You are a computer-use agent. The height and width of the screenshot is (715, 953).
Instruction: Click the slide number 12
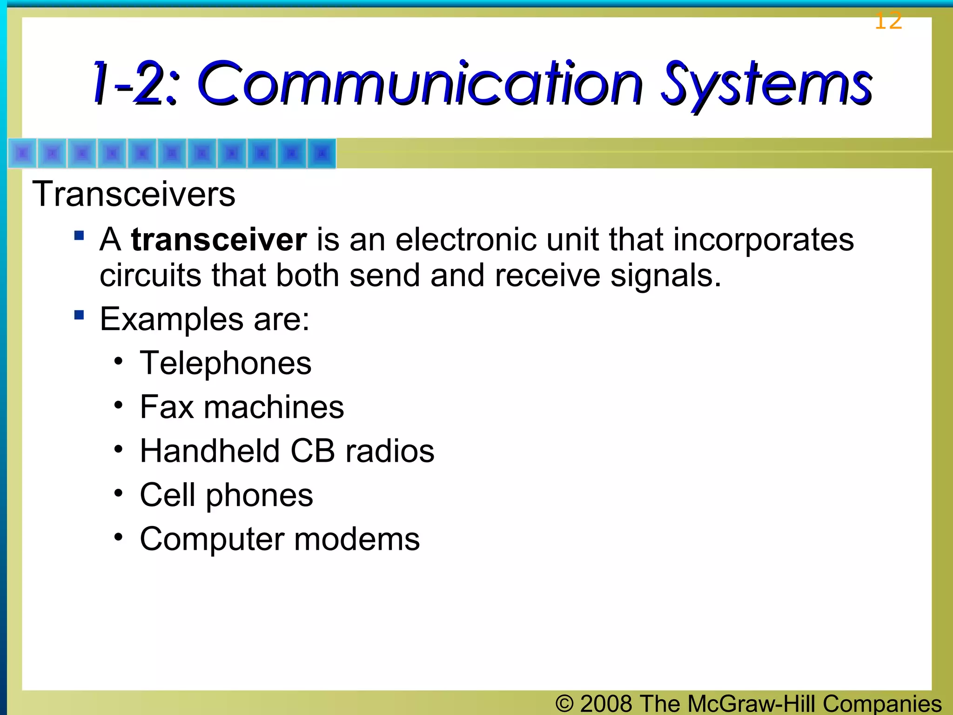click(888, 21)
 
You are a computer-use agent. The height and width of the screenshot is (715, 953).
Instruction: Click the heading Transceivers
click(134, 194)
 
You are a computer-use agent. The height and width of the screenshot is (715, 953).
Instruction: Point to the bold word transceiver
click(219, 240)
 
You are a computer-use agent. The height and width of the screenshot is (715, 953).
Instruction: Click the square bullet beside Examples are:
click(79, 316)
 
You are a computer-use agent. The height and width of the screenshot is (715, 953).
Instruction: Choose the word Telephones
click(225, 363)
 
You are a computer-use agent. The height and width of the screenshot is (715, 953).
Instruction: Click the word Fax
click(167, 407)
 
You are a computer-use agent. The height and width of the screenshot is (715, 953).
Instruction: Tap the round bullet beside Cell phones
click(119, 492)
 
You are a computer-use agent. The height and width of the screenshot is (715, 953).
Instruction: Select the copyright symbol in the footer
click(564, 703)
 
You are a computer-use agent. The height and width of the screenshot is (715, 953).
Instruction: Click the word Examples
click(172, 319)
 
